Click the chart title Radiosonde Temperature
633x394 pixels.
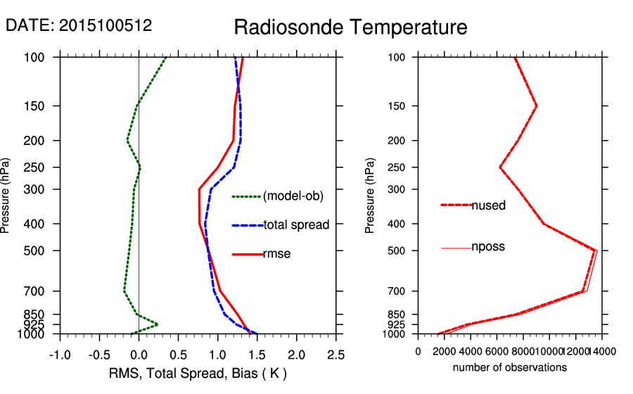[350, 28]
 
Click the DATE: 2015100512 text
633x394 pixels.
[79, 25]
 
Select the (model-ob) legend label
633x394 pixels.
[293, 196]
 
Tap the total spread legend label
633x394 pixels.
[296, 225]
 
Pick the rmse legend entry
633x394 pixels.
[276, 254]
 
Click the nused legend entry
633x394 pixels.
[488, 205]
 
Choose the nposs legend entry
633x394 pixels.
[488, 247]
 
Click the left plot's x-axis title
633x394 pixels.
[198, 373]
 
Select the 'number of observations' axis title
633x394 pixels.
[510, 367]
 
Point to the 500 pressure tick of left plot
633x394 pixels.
[40, 250]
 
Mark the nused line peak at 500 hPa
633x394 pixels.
[596, 250]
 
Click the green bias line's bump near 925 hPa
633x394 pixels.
[156, 324]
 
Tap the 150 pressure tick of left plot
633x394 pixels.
[40, 106]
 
